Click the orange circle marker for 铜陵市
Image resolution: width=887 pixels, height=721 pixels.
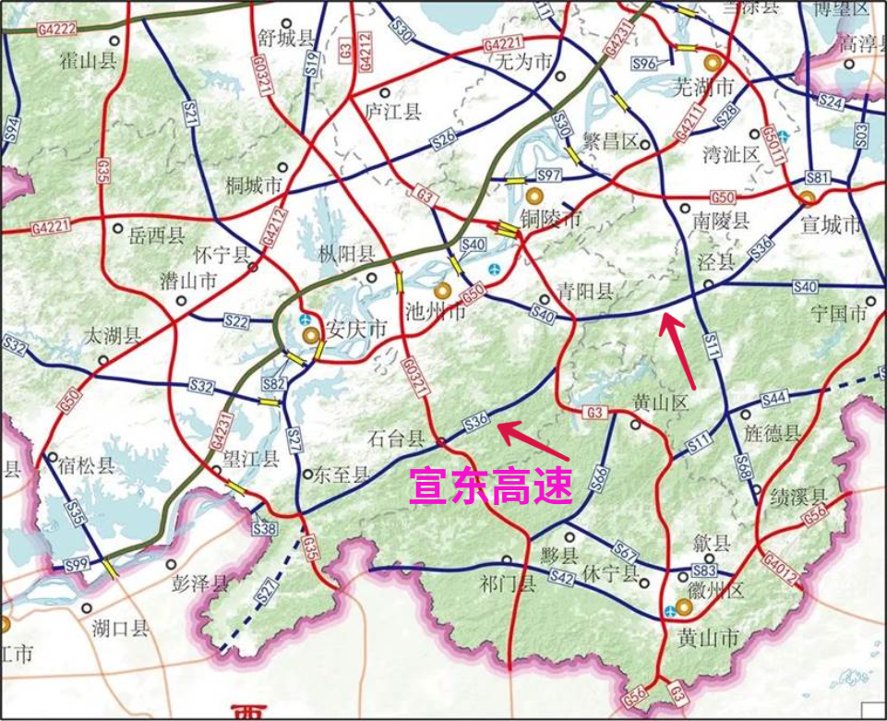click(x=533, y=196)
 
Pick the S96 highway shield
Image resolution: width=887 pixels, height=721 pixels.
click(x=644, y=63)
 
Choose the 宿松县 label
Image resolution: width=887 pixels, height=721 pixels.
click(x=82, y=465)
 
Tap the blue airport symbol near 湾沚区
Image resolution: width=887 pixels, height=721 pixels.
click(x=783, y=135)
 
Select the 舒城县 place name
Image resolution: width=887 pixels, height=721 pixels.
click(x=281, y=38)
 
